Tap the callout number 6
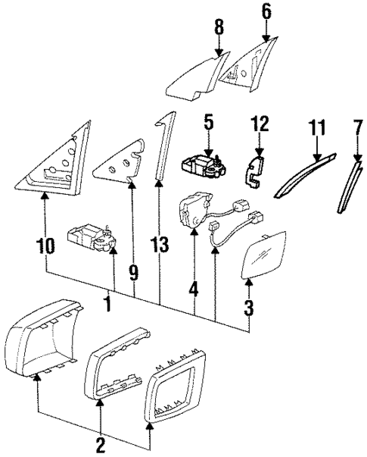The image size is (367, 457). [x=266, y=11]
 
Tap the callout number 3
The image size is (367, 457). [x=250, y=308]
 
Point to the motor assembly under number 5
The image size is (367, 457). [x=203, y=164]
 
